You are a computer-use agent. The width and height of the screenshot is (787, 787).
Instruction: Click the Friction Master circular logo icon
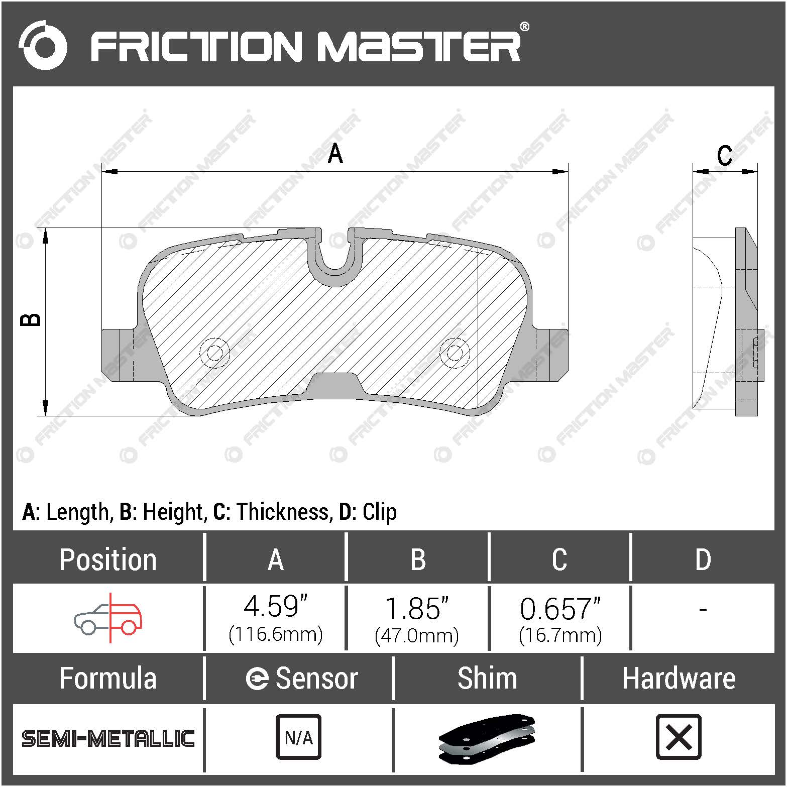(x=43, y=45)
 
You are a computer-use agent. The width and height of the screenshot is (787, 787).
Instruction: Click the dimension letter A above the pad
(x=335, y=154)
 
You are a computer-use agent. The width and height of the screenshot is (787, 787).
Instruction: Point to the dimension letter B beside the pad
(x=31, y=320)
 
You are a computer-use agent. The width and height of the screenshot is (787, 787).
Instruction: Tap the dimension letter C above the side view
(x=724, y=156)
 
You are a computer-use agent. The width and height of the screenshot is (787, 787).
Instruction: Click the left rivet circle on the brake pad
(x=214, y=353)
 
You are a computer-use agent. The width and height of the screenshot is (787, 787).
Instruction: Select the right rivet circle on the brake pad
(x=455, y=353)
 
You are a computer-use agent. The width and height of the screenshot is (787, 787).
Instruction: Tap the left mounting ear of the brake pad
(x=118, y=355)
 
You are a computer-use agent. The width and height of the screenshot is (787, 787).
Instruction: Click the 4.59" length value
(x=275, y=607)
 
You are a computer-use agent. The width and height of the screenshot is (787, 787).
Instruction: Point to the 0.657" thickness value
(x=560, y=609)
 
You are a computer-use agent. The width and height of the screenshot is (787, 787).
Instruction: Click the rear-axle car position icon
(x=108, y=618)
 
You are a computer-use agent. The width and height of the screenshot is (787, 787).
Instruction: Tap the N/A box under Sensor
(x=298, y=737)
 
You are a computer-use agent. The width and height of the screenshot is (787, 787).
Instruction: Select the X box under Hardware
(x=679, y=737)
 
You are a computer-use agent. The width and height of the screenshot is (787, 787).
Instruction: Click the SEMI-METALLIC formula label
(x=108, y=738)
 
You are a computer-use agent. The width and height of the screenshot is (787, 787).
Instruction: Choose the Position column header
(x=108, y=559)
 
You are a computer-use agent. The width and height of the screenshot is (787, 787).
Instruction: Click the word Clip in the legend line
(x=380, y=512)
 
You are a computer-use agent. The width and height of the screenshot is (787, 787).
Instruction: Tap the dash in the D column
(x=703, y=610)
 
